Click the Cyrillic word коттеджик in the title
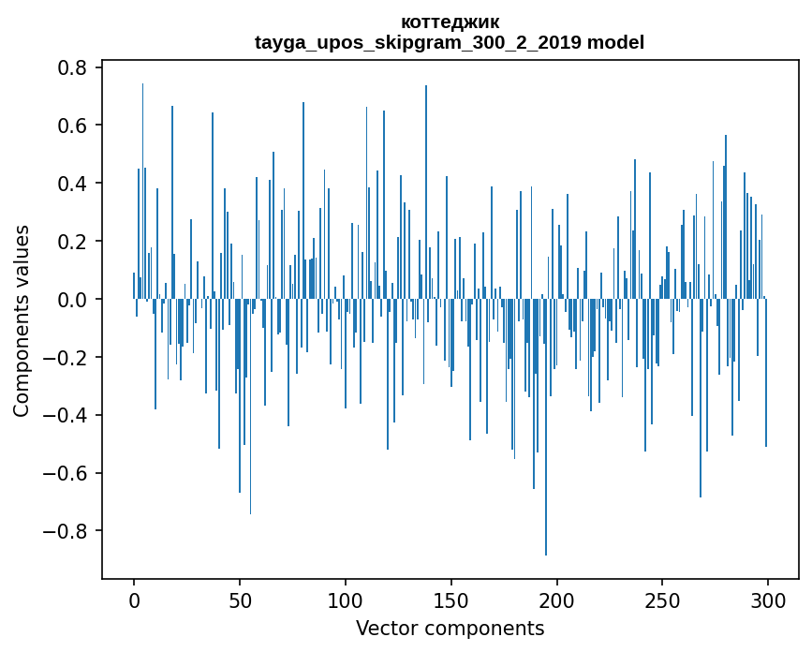450,22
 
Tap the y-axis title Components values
22,320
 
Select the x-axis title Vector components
450,629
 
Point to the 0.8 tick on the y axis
73,68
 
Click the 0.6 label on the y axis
73,126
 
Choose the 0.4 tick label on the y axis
73,184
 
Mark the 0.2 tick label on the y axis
73,242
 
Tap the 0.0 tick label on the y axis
73,300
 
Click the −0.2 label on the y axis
66,358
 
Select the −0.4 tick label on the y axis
66,415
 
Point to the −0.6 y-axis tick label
66,473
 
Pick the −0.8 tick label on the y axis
66,531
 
